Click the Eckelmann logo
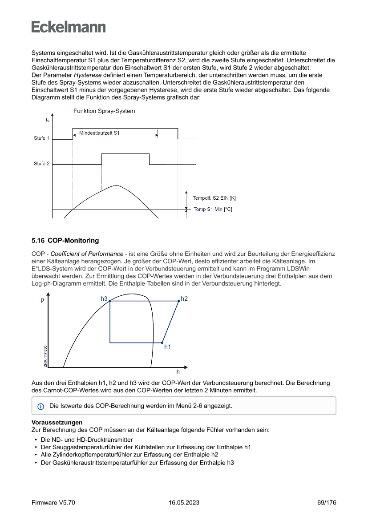[69, 27]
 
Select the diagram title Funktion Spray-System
[104, 111]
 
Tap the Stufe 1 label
[42, 138]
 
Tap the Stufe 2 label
[42, 164]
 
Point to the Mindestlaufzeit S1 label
[99, 133]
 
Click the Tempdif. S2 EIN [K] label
[214, 198]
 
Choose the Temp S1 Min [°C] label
[213, 209]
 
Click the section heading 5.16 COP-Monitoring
[65, 241]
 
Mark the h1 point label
[167, 347]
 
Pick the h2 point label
[184, 299]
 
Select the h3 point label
[104, 299]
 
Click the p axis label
[43, 300]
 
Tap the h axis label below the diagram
[178, 372]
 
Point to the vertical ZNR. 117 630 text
[45, 355]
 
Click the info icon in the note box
[41, 406]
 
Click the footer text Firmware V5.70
[53, 503]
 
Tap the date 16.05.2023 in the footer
[184, 503]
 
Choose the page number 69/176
[327, 503]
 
